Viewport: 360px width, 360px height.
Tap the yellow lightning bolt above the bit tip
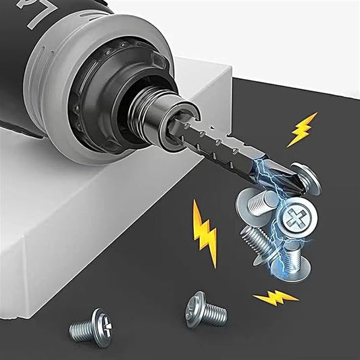(302, 129)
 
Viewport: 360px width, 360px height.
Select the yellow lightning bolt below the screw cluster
(274, 297)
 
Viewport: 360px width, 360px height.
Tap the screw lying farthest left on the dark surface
(92, 330)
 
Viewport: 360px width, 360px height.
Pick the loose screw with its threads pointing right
(206, 310)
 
